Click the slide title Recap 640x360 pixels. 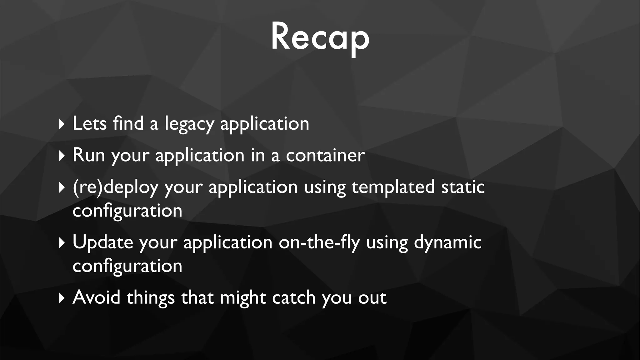(320, 37)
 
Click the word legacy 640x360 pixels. (189, 124)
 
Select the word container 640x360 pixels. (325, 155)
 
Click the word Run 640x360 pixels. (89, 155)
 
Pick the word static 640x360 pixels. (463, 187)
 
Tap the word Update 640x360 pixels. (102, 242)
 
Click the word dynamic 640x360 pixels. (447, 242)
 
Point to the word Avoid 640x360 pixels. (96, 297)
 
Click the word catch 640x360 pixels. (293, 297)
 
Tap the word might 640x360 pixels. (243, 298)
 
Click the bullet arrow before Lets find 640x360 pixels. (62, 124)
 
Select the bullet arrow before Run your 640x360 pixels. (62, 156)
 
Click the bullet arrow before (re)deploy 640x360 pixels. (62, 187)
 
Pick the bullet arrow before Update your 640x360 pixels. (62, 243)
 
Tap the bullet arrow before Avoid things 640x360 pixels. (62, 298)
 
